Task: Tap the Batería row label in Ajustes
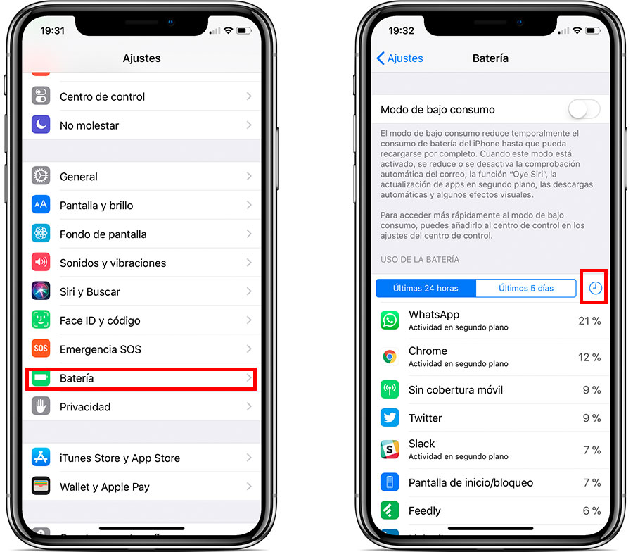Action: [x=77, y=378]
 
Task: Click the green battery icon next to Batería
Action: [x=41, y=378]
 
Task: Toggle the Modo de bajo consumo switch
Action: [x=584, y=110]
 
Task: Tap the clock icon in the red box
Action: [x=595, y=288]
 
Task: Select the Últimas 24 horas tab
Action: [x=426, y=288]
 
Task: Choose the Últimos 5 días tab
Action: [x=526, y=288]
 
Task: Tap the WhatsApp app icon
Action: [x=390, y=320]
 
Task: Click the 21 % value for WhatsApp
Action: [x=589, y=321]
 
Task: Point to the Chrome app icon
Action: [x=390, y=357]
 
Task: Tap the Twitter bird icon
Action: [x=390, y=418]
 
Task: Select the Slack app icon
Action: [x=390, y=449]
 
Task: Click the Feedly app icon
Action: [x=390, y=510]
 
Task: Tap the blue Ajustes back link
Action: [x=399, y=58]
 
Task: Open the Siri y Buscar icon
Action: [x=41, y=291]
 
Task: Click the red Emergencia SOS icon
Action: [x=41, y=349]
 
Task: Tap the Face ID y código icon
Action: [x=41, y=320]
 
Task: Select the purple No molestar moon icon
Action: [x=41, y=125]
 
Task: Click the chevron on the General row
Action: [x=249, y=176]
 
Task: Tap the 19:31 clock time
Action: [x=53, y=31]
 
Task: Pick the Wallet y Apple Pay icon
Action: [x=41, y=486]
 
